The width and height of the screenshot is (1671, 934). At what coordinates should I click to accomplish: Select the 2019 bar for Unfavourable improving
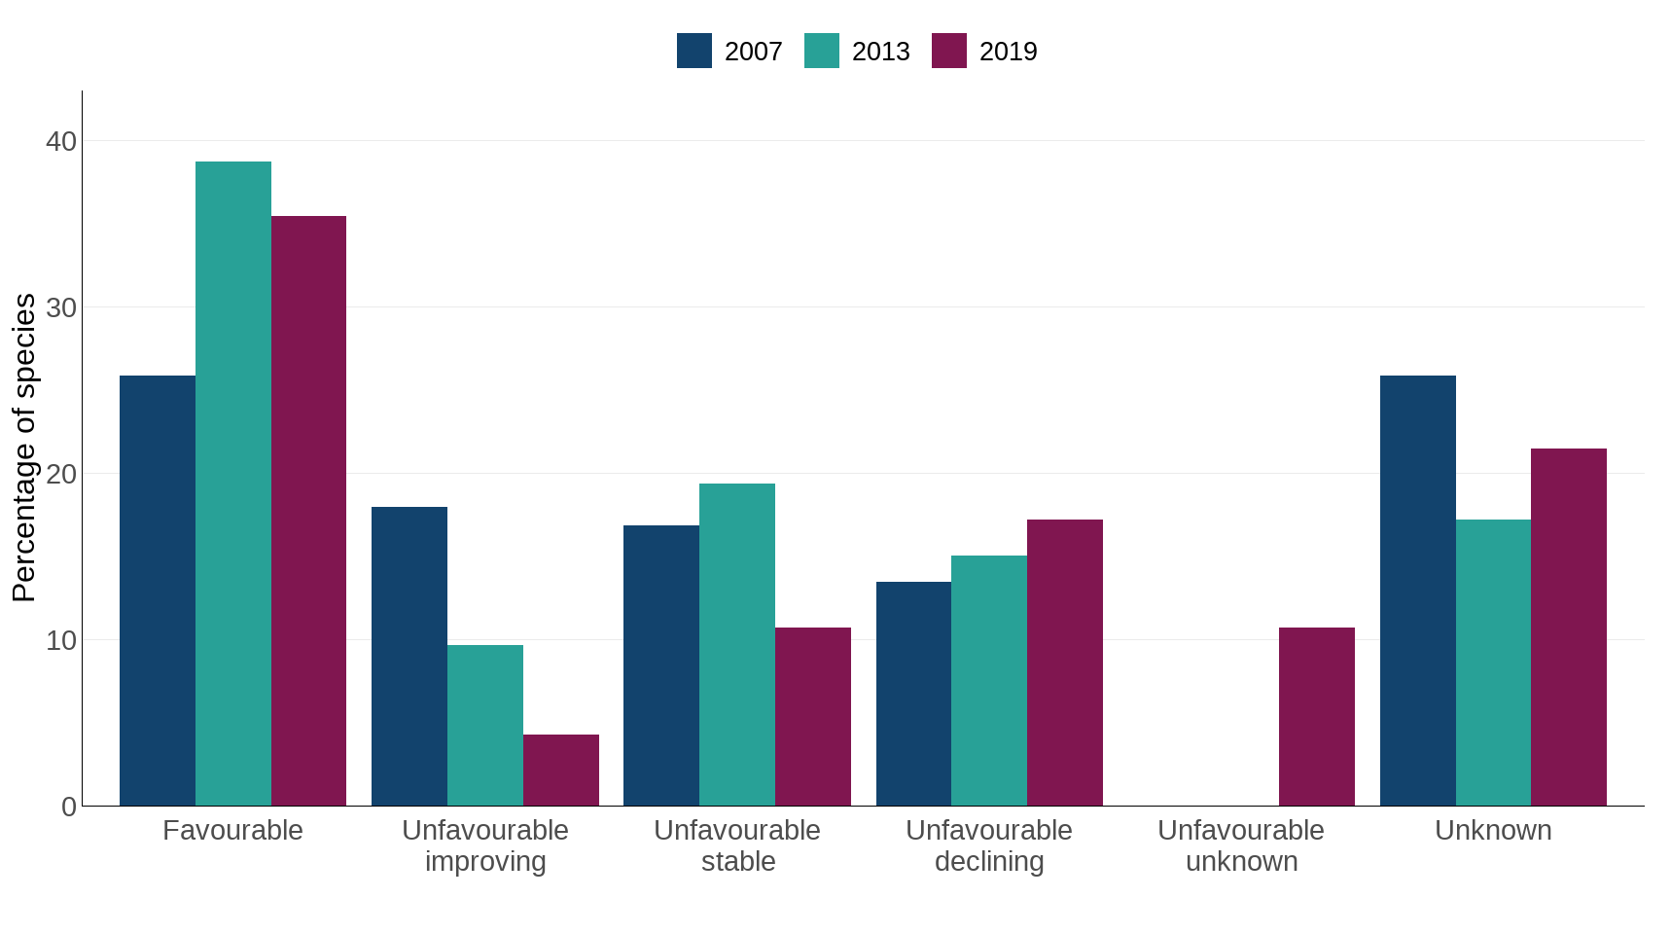click(561, 770)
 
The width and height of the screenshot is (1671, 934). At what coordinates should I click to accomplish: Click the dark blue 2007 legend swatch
click(694, 51)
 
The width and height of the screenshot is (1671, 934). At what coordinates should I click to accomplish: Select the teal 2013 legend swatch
click(822, 51)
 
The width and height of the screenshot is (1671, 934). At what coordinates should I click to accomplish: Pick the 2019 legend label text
click(1008, 52)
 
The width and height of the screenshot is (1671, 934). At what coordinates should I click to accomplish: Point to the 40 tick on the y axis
click(61, 141)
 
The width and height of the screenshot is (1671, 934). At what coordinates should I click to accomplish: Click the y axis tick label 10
click(61, 640)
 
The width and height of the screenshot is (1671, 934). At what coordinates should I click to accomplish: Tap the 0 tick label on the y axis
click(69, 807)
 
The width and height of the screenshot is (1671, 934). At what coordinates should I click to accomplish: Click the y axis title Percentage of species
click(24, 448)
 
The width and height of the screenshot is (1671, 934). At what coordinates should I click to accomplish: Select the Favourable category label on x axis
click(232, 830)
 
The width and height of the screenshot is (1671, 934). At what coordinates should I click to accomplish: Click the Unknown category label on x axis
click(1493, 830)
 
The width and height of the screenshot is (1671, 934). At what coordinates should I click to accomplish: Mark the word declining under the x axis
click(989, 861)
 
